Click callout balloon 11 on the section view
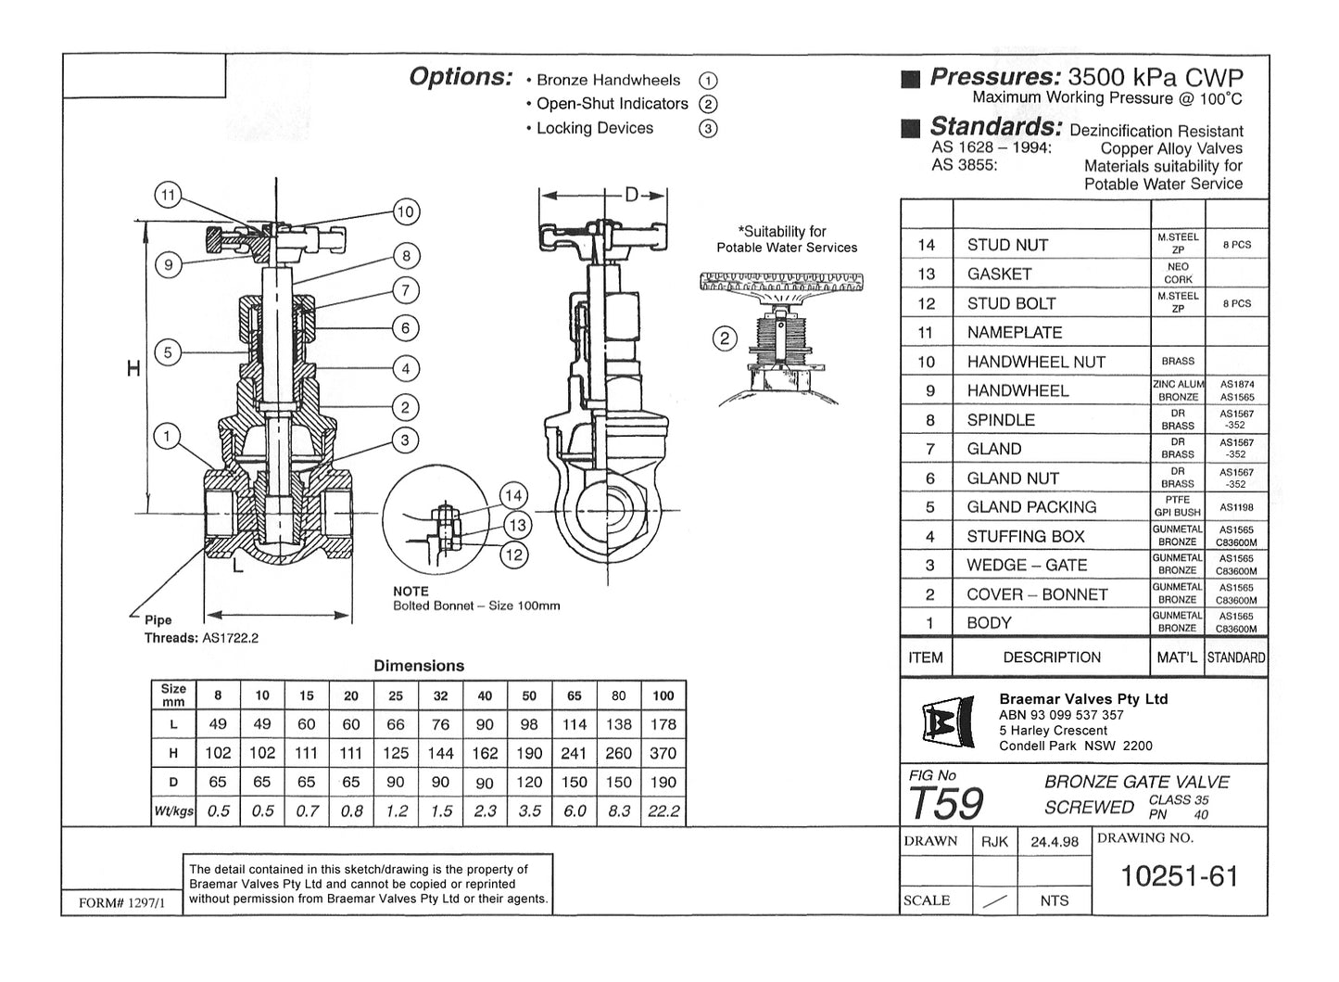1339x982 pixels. (168, 196)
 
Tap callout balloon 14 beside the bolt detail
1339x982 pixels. (513, 496)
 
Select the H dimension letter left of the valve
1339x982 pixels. (133, 369)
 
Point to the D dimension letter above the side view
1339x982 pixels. (631, 195)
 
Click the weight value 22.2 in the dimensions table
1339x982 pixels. (663, 811)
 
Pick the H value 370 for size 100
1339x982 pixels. (663, 754)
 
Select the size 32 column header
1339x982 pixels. (440, 695)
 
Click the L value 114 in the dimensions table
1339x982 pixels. (575, 724)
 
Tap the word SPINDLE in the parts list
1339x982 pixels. (1001, 420)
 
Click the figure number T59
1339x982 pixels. (945, 803)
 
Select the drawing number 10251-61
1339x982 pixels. (1179, 876)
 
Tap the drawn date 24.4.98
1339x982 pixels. (1054, 842)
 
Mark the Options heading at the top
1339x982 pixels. (461, 77)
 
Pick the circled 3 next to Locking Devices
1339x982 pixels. (708, 129)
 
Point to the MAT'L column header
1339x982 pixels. (1177, 657)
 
